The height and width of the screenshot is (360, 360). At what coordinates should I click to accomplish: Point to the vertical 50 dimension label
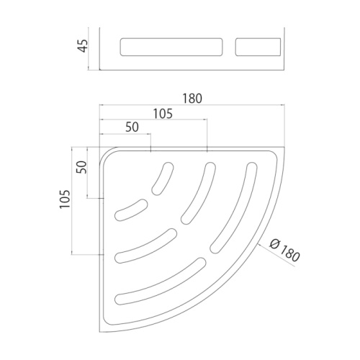pyautogui.click(x=81, y=168)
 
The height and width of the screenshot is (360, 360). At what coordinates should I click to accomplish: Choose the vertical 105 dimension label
pyautogui.click(x=65, y=199)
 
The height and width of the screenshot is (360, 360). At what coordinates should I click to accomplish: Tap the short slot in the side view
pyautogui.click(x=258, y=48)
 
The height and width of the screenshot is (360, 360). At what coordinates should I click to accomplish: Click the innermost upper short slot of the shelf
pyautogui.click(x=162, y=179)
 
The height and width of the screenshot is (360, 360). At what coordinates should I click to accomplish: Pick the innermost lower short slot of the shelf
pyautogui.click(x=131, y=210)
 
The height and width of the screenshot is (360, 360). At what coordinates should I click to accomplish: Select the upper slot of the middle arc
pyautogui.click(x=197, y=192)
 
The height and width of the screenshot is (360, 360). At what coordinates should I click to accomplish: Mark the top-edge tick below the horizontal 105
pyautogui.click(x=207, y=150)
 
